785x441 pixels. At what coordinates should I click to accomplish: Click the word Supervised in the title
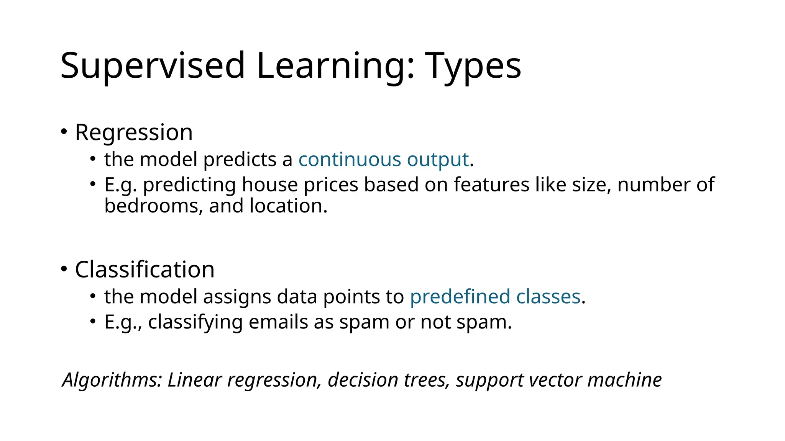pyautogui.click(x=152, y=66)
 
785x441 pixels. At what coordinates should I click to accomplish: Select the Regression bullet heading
pyautogui.click(x=134, y=132)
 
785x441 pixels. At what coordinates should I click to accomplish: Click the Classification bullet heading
pyautogui.click(x=145, y=269)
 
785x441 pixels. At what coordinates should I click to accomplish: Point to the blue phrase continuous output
pyautogui.click(x=384, y=159)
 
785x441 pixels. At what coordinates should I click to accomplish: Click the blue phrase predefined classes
pyautogui.click(x=495, y=297)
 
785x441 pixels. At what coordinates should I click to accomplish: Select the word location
pyautogui.click(x=288, y=206)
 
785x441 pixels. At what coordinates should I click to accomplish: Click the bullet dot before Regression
pyautogui.click(x=64, y=132)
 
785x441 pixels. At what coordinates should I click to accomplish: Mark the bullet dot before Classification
pyautogui.click(x=64, y=269)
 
